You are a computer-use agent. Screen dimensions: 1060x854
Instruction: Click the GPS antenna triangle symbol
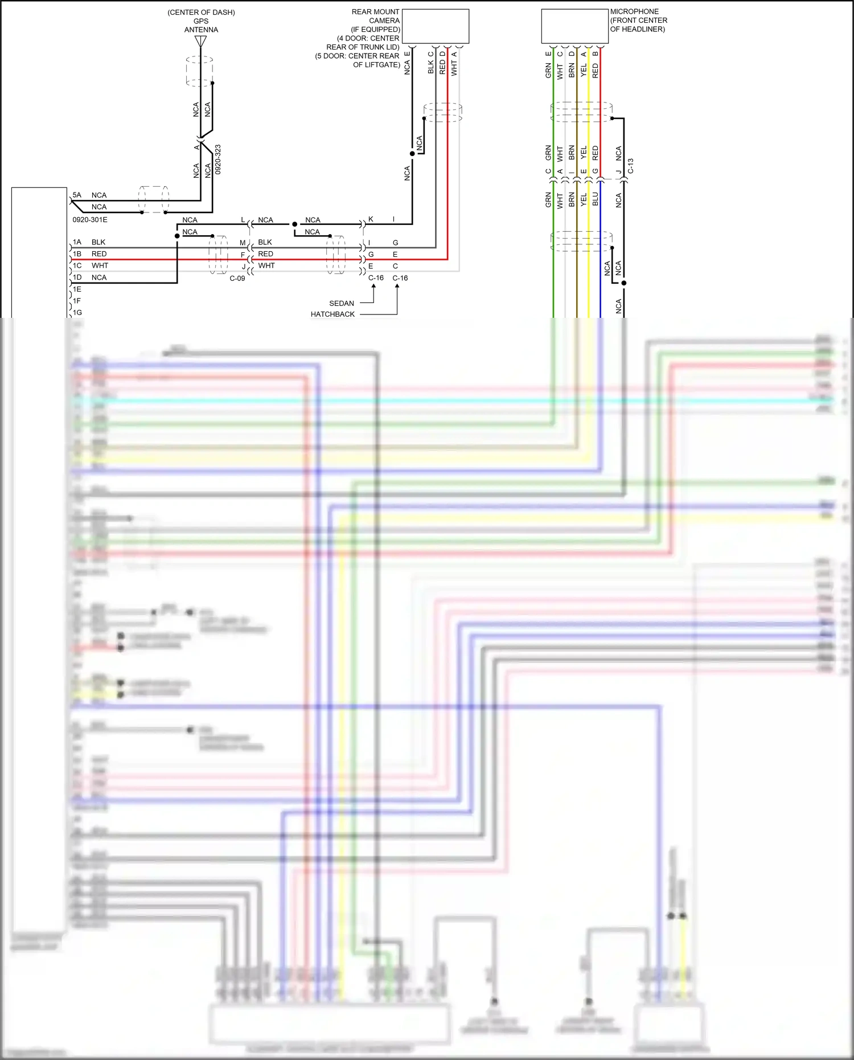pyautogui.click(x=200, y=42)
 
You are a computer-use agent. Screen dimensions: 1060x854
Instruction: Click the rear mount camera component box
pyautogui.click(x=436, y=26)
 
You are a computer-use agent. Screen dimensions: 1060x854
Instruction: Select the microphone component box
pyautogui.click(x=575, y=26)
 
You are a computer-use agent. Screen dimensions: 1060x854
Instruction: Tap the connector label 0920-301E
pyautogui.click(x=90, y=220)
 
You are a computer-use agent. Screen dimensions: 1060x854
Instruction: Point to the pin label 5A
pyautogui.click(x=77, y=195)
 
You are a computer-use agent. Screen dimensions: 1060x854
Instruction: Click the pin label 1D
pyautogui.click(x=77, y=277)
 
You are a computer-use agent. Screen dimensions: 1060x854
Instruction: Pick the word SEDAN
pyautogui.click(x=342, y=304)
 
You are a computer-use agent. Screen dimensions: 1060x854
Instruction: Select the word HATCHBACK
pyautogui.click(x=332, y=314)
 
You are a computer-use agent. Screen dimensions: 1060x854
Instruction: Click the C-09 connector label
pyautogui.click(x=237, y=279)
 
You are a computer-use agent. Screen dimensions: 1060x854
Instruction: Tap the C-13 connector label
pyautogui.click(x=631, y=166)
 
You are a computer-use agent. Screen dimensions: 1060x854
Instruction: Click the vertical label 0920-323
pyautogui.click(x=218, y=159)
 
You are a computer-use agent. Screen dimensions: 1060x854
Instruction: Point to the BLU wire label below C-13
pyautogui.click(x=596, y=199)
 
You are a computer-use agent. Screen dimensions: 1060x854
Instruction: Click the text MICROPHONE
pyautogui.click(x=634, y=11)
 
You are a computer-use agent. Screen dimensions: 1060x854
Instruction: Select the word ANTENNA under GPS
pyautogui.click(x=201, y=30)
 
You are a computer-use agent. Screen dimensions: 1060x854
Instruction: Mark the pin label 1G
pyautogui.click(x=77, y=313)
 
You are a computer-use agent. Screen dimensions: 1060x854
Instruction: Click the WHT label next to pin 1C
pyautogui.click(x=100, y=265)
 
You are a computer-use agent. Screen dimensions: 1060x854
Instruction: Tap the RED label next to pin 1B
pyautogui.click(x=99, y=254)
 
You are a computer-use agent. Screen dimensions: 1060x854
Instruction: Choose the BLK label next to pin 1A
pyautogui.click(x=98, y=242)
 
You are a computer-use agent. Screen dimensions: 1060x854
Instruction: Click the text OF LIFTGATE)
pyautogui.click(x=376, y=65)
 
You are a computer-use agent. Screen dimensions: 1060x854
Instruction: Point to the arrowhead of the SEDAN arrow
pyautogui.click(x=373, y=286)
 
